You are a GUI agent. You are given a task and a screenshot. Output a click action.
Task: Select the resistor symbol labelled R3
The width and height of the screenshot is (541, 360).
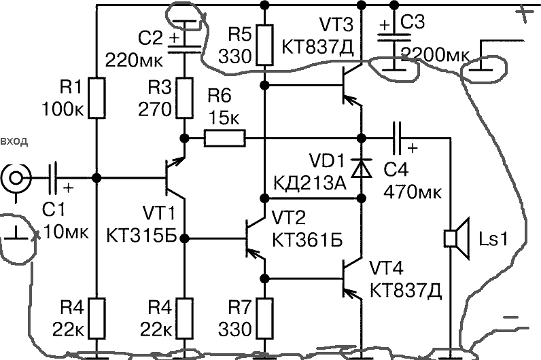coord(184,97)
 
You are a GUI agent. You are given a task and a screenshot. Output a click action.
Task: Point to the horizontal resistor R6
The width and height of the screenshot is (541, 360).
coord(224,139)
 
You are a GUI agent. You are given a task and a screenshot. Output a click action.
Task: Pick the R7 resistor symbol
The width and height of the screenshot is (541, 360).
coord(264,314)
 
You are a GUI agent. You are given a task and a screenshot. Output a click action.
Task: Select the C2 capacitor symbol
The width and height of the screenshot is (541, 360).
coord(184,43)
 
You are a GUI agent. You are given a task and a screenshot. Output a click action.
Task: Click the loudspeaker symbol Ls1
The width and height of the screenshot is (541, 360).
coord(456,238)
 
